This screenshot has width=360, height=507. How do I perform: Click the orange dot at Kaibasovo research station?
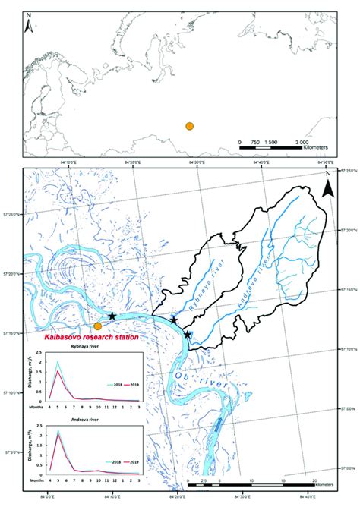(x=97, y=326)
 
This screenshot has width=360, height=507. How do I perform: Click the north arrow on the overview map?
(x=29, y=26)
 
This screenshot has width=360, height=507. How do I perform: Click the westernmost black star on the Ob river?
(x=112, y=315)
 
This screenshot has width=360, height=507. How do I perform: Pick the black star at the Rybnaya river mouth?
(x=174, y=320)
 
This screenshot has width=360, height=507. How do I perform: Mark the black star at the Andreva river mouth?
(x=188, y=334)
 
